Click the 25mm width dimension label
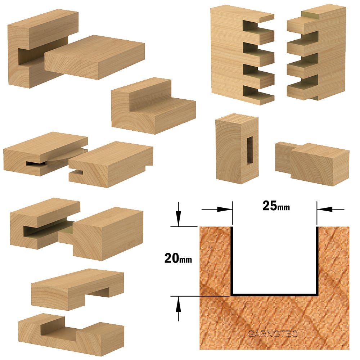click(x=276, y=206)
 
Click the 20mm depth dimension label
click(x=178, y=258)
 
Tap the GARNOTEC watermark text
click(x=273, y=334)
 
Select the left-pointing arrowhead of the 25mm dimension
click(x=325, y=209)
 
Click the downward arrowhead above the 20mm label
click(x=178, y=219)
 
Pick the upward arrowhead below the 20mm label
click(x=178, y=304)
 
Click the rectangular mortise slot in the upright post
click(x=249, y=150)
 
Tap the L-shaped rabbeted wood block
click(x=153, y=106)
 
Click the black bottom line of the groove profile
click(x=275, y=294)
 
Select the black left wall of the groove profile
click(x=232, y=261)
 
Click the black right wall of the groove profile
click(x=317, y=261)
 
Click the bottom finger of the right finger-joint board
click(x=303, y=91)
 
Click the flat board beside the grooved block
click(x=94, y=57)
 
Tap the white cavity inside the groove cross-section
click(x=275, y=260)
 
